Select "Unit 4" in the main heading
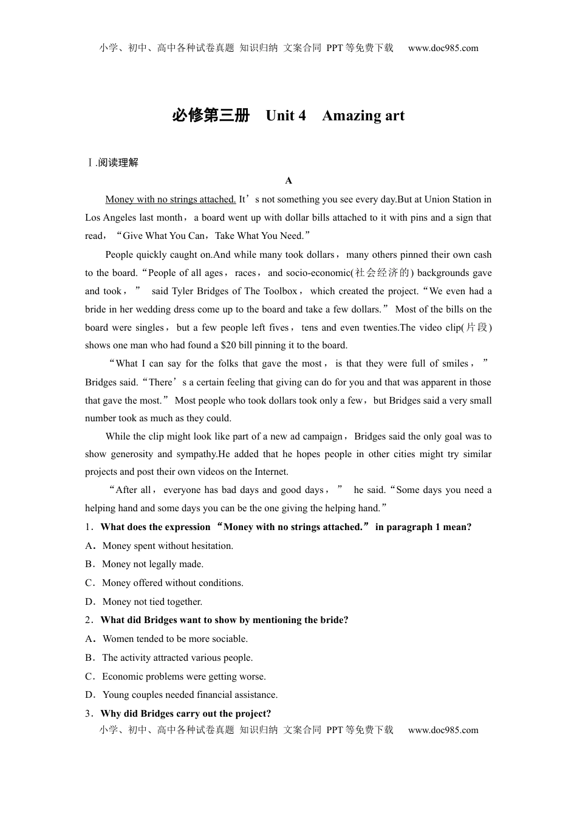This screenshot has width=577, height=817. tap(285, 115)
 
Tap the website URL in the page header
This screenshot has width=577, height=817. tap(443, 48)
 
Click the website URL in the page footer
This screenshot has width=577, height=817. tap(443, 730)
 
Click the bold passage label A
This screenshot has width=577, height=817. tap(288, 181)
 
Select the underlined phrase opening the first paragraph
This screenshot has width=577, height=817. tap(170, 199)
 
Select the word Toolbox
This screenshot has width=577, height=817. tap(281, 291)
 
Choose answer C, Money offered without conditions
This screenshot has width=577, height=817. tap(172, 583)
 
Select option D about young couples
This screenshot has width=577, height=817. tap(189, 695)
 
